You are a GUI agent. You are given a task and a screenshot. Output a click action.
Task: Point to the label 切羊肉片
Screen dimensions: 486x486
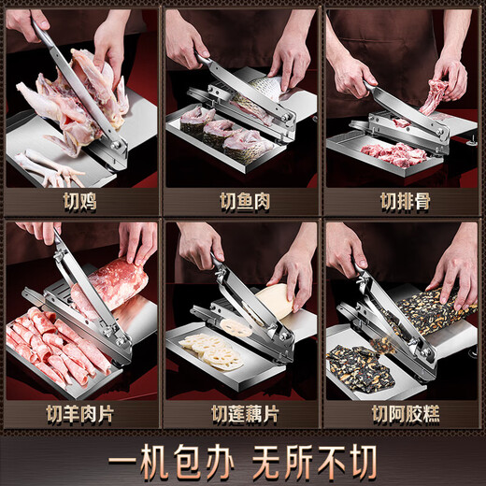click(82, 412)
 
